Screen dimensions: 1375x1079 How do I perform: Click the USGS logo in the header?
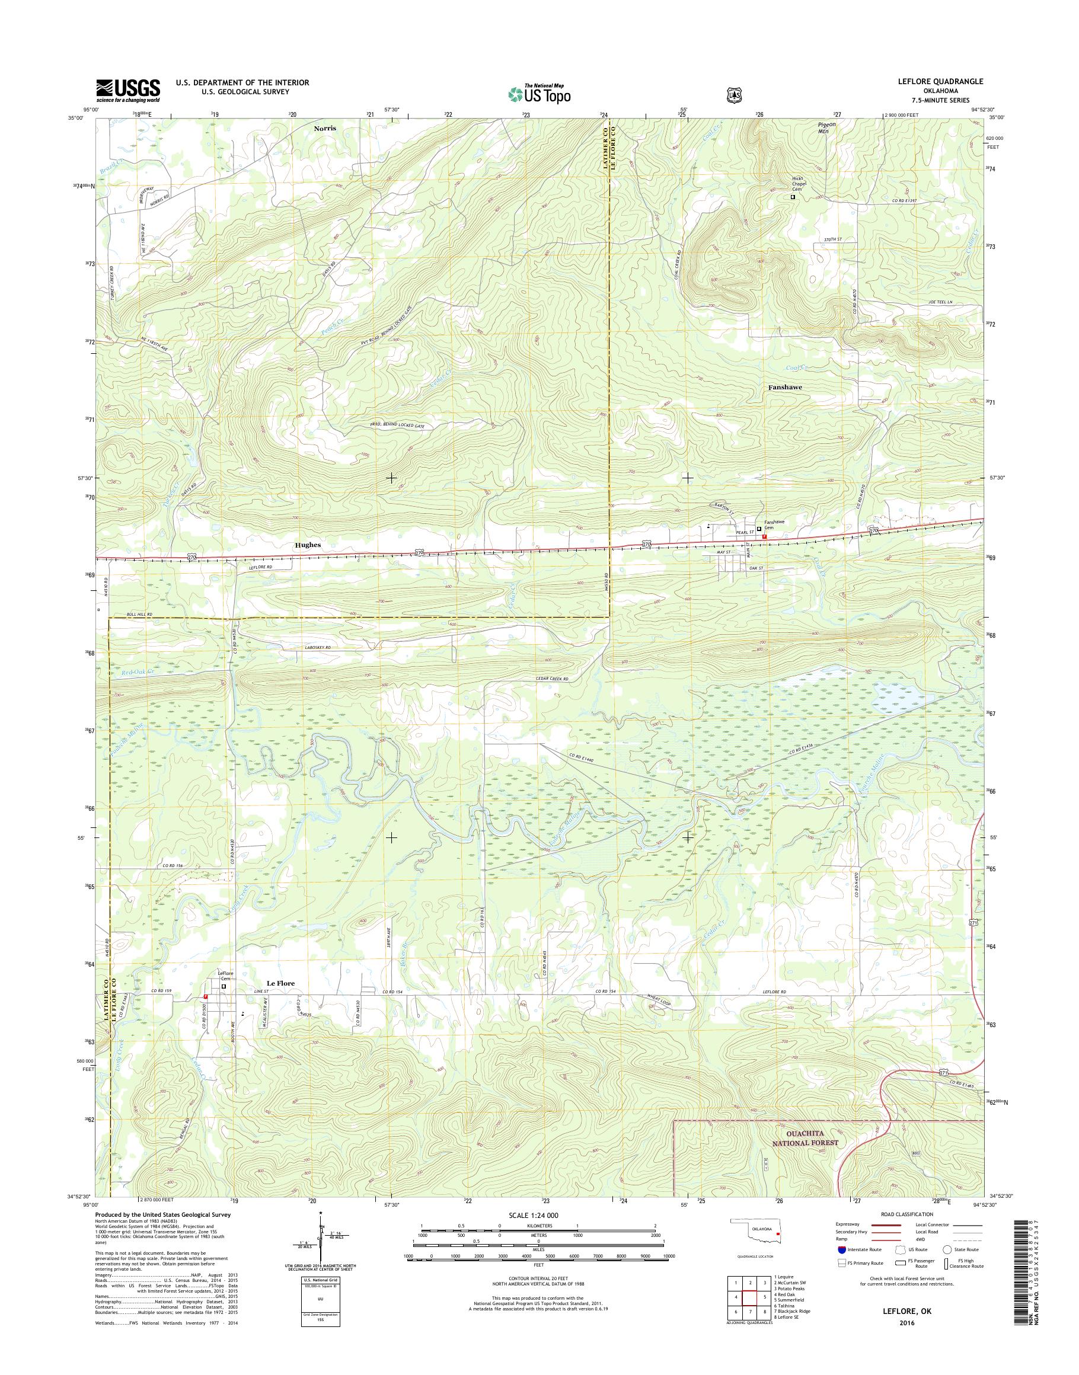pos(127,90)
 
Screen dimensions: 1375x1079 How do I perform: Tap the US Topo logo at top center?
pos(539,94)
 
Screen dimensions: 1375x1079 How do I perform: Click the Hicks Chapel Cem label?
pos(799,184)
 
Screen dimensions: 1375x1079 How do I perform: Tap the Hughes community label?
pos(308,545)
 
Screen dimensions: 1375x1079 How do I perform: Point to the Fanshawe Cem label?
pos(774,526)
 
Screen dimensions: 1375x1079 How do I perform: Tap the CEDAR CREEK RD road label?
pos(551,679)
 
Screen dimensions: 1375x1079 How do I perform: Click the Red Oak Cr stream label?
pos(138,673)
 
